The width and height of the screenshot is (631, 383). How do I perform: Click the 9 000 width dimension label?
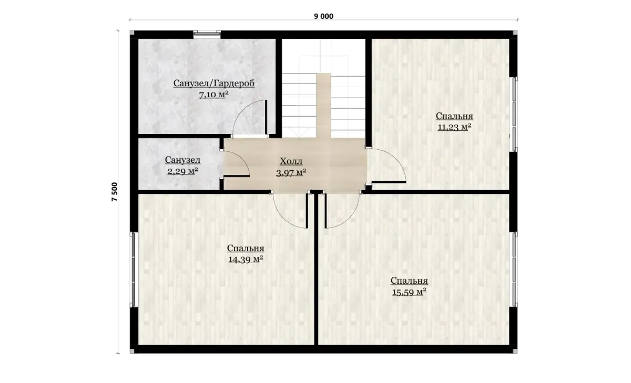[323, 16]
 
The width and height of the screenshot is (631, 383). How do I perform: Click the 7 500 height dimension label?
[115, 192]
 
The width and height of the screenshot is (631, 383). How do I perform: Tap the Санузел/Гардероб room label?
[214, 84]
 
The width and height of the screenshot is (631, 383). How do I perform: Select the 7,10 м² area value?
[214, 95]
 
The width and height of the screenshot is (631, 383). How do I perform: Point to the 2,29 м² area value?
[182, 171]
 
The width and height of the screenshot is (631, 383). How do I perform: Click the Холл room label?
[291, 161]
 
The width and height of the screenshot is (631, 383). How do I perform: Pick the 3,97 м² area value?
[291, 172]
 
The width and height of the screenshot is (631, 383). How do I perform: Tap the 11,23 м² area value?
[454, 127]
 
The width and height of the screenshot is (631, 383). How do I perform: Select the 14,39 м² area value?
[246, 259]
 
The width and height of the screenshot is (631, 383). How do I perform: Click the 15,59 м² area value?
[409, 292]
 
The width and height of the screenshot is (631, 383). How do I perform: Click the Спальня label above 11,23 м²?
[454, 116]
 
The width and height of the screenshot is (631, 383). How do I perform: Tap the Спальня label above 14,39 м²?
[246, 248]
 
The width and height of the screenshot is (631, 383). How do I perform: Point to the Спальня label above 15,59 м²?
[409, 281]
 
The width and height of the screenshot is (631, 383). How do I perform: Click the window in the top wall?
[207, 34]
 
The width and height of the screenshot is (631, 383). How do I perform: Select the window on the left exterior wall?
[134, 270]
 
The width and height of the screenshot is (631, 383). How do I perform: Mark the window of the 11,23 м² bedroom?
[514, 114]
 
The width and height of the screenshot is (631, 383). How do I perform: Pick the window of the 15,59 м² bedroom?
[514, 270]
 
